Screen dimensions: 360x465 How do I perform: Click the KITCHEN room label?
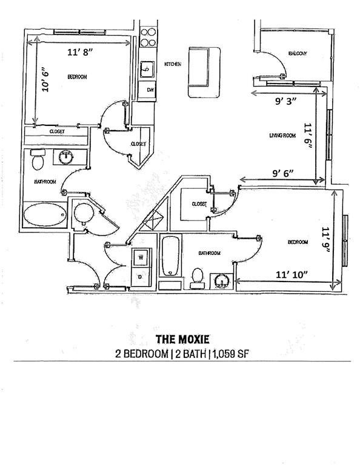[173, 64]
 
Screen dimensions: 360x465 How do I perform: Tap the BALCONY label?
[298, 53]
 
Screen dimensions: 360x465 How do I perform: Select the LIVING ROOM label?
[282, 136]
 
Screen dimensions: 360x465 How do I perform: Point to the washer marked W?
[141, 257]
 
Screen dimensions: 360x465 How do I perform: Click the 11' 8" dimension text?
[80, 52]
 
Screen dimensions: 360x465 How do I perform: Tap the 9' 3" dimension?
[286, 102]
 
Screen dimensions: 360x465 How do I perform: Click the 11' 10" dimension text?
[292, 275]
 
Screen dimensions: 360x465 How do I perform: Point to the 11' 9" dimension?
[326, 240]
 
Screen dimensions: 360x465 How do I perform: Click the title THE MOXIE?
[183, 339]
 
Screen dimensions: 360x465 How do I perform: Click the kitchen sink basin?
[147, 70]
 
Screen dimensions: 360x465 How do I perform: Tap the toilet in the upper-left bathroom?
[38, 160]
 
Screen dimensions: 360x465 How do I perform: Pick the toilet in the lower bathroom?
[197, 278]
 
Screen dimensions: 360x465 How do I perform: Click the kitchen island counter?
[204, 73]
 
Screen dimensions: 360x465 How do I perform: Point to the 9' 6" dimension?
[283, 173]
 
